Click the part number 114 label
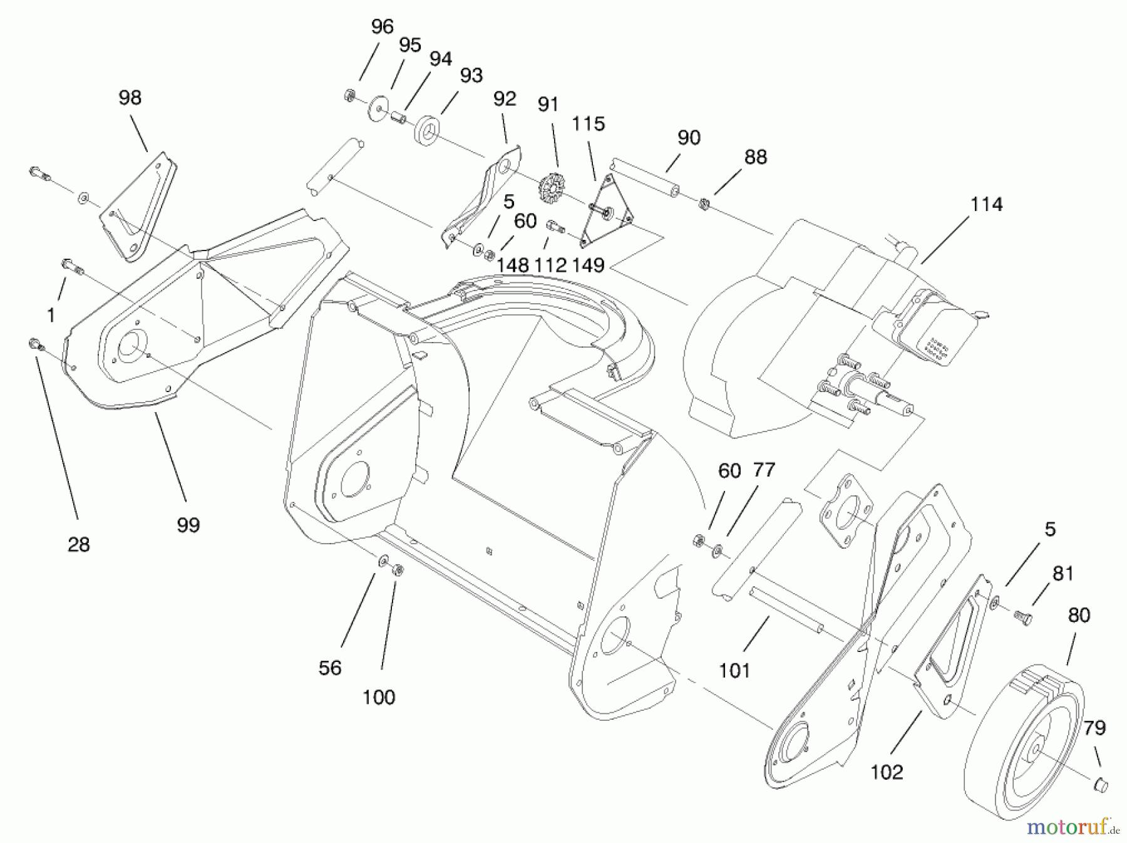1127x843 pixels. click(986, 205)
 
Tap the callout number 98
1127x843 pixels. click(130, 98)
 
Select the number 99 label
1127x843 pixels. click(188, 525)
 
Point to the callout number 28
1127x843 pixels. click(78, 545)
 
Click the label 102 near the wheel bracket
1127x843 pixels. click(887, 772)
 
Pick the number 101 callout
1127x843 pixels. click(734, 671)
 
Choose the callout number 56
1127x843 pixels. click(330, 668)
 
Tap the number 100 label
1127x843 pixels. click(379, 697)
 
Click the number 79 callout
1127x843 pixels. click(1094, 728)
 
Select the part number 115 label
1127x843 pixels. click(588, 124)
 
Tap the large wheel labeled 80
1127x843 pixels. click(1027, 739)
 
